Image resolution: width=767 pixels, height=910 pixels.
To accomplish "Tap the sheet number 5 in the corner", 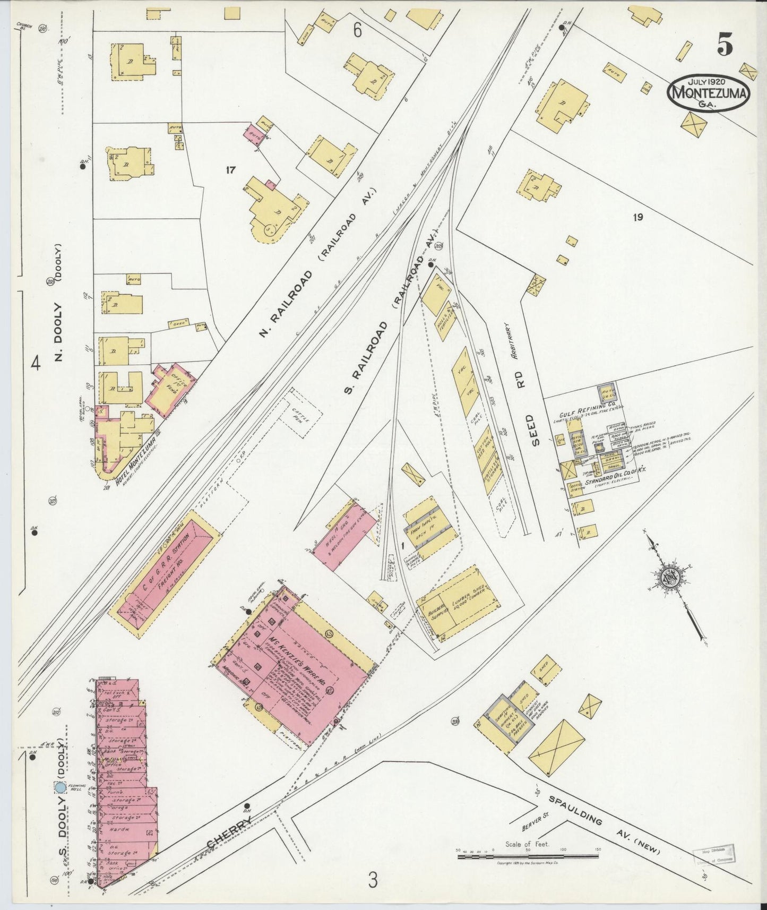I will tap(725, 46).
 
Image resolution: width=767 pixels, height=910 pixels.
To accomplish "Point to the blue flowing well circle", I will tap(60, 788).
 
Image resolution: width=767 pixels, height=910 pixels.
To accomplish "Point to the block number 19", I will tap(637, 217).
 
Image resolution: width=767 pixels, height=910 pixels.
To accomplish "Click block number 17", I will tap(230, 170).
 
